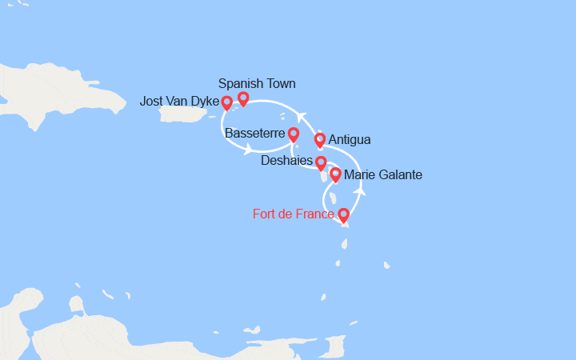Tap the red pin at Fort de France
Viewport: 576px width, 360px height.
(344, 214)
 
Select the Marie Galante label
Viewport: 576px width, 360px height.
(382, 174)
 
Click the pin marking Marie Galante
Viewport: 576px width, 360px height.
(335, 174)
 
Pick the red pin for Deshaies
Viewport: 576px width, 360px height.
(321, 163)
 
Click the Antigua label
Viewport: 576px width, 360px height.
(350, 140)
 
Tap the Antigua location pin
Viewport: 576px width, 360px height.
(320, 140)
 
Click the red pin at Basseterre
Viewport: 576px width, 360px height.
(294, 134)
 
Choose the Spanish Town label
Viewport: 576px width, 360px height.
(257, 83)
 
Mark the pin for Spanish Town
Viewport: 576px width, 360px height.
(243, 98)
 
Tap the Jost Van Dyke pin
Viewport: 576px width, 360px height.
(227, 102)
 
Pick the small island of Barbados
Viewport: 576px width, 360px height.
(387, 265)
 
